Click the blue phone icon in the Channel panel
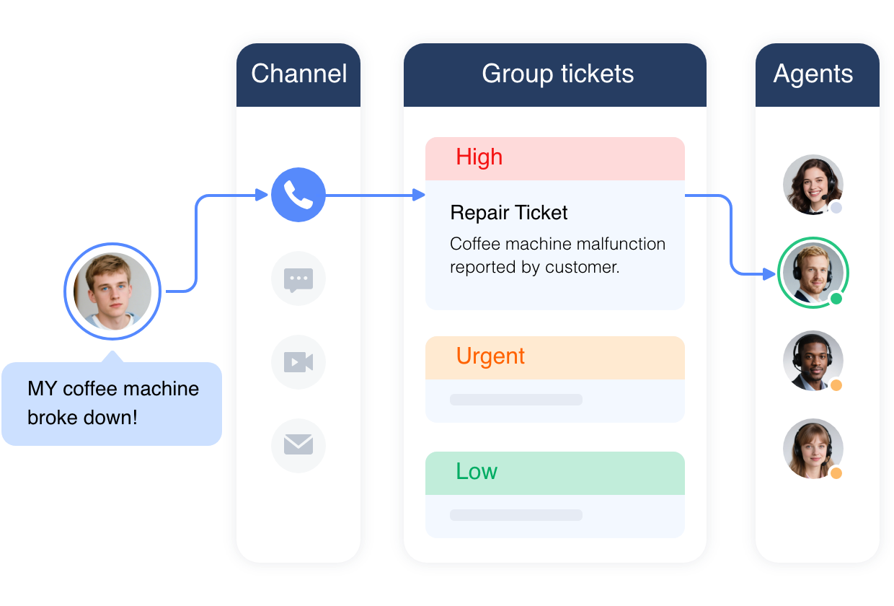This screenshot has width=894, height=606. [298, 195]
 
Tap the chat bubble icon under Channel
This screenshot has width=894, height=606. [298, 278]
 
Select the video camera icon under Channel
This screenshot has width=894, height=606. [298, 362]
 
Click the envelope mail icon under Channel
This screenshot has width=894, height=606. [298, 445]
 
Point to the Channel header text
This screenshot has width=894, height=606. [298, 74]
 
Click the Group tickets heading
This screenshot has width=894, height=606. [557, 74]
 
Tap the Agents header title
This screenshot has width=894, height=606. [813, 74]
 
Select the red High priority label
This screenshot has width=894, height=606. [479, 157]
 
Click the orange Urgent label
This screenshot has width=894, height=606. [490, 356]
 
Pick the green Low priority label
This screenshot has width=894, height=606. [477, 472]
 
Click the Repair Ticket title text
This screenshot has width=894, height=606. [508, 213]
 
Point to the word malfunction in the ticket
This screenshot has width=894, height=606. [620, 244]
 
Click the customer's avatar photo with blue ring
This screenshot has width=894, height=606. [112, 291]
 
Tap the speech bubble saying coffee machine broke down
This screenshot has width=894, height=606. [112, 403]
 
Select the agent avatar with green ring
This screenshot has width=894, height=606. [812, 273]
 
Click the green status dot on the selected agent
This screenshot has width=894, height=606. [836, 299]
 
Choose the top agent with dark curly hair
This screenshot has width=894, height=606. [813, 185]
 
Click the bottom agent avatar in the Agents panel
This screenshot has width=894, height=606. [813, 448]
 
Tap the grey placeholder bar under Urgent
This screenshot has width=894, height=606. [515, 400]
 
